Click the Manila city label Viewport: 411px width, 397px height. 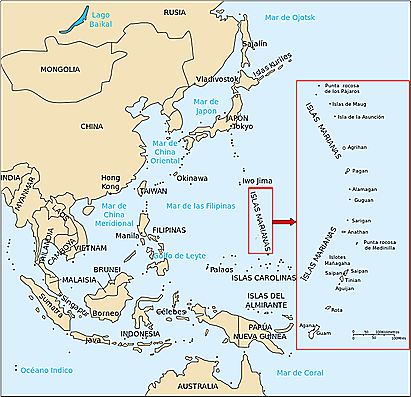(x=127, y=235)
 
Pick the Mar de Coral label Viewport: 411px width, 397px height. (x=303, y=373)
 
